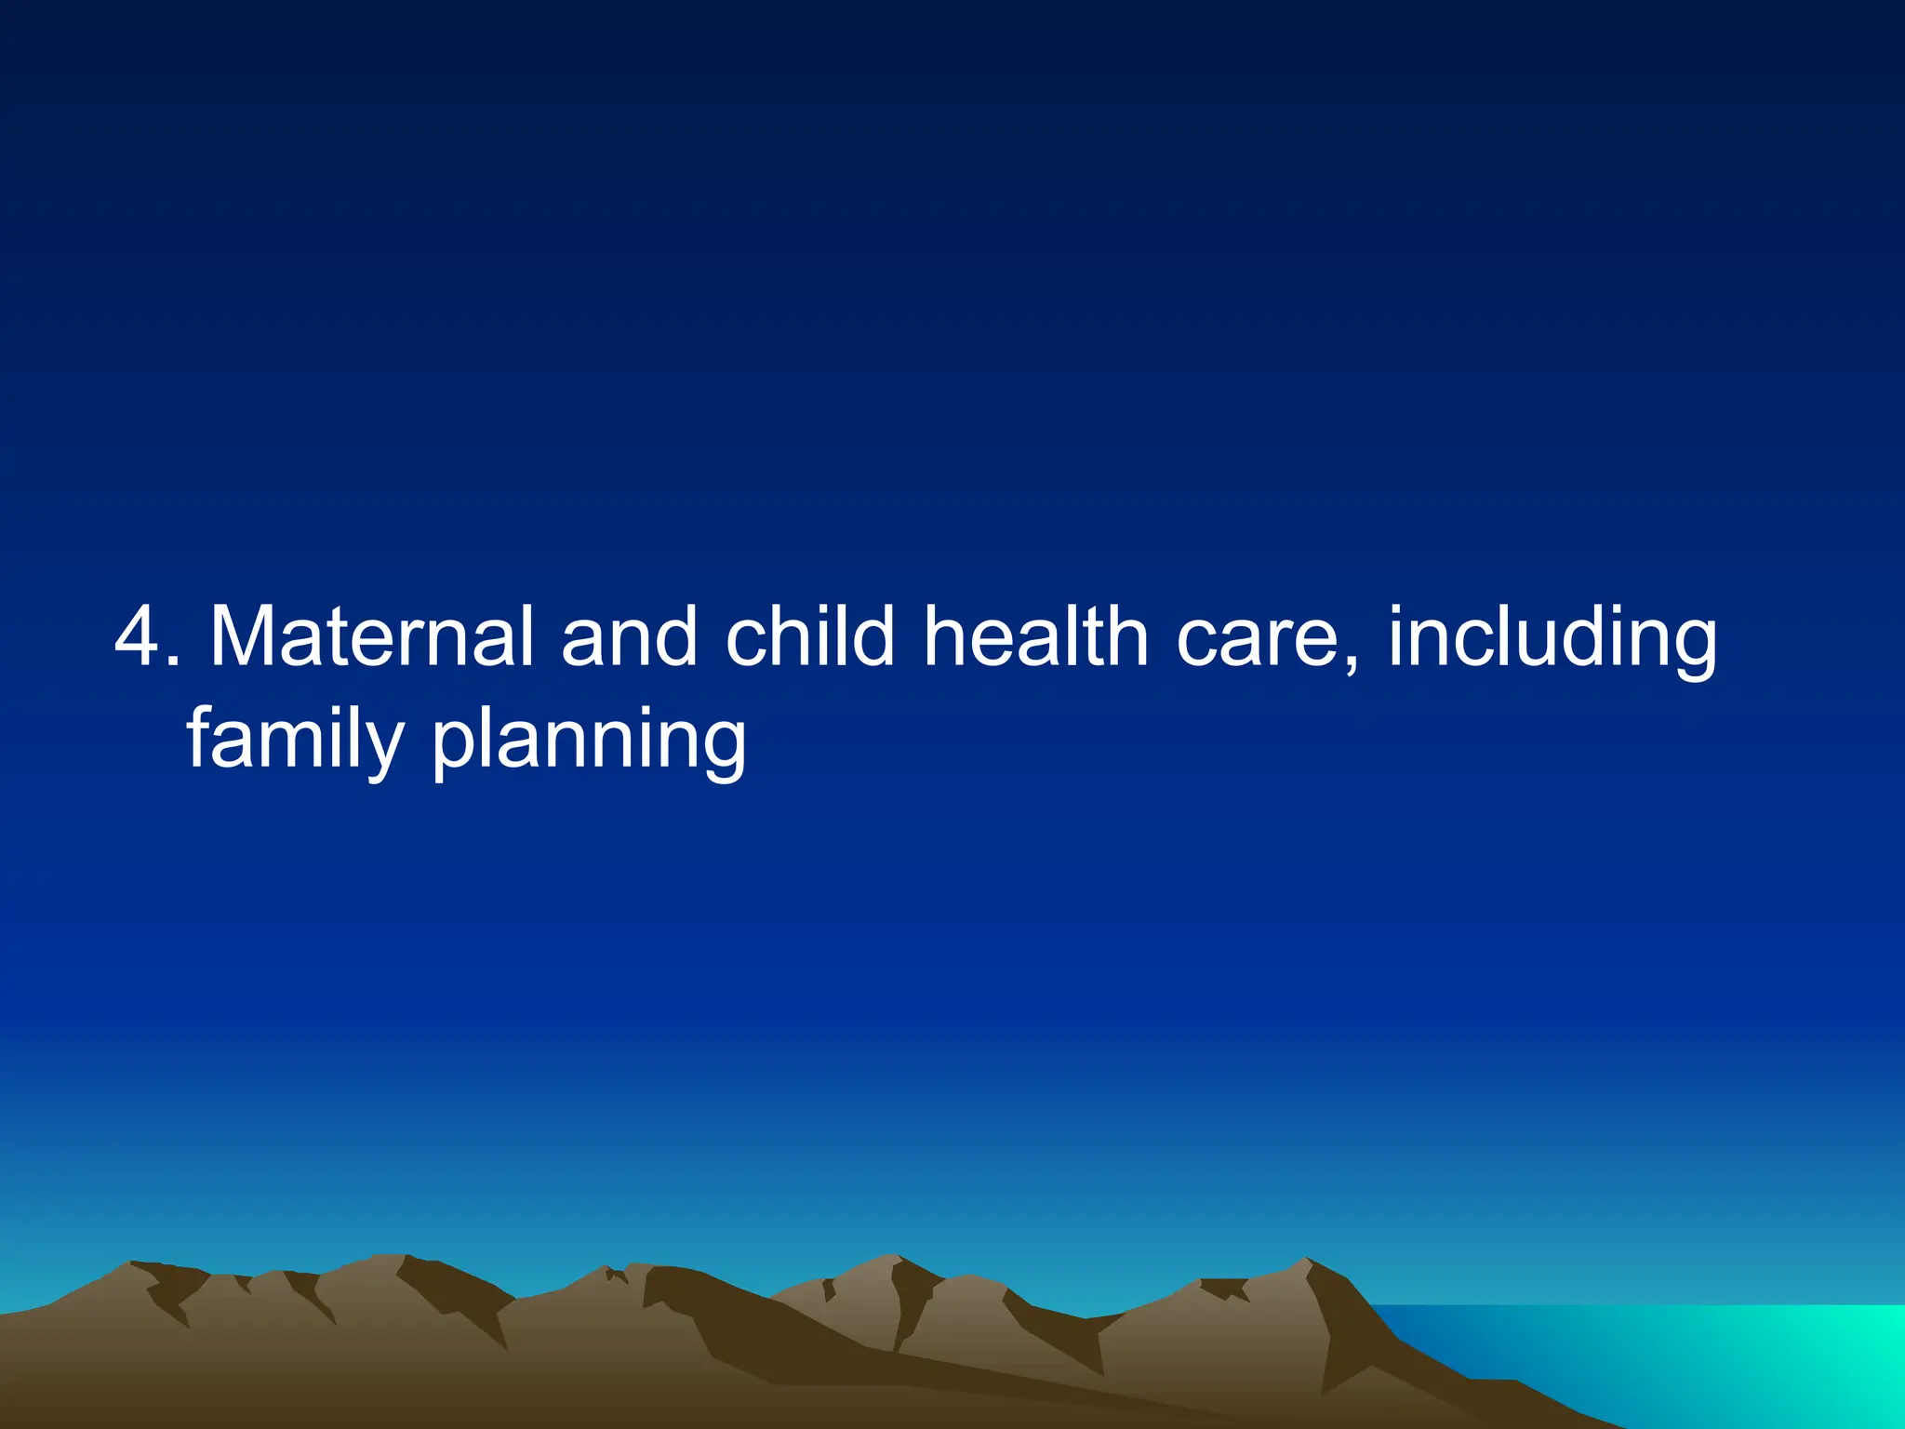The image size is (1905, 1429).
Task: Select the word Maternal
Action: click(371, 638)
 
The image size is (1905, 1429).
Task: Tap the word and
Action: click(629, 638)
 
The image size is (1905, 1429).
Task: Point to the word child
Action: click(809, 638)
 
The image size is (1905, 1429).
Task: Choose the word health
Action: click(1035, 638)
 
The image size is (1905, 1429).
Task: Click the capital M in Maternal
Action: click(244, 638)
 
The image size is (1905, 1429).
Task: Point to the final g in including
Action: click(1688, 648)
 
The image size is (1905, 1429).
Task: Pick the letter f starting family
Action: click(201, 735)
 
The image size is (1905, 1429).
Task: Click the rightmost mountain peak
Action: click(1307, 1262)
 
